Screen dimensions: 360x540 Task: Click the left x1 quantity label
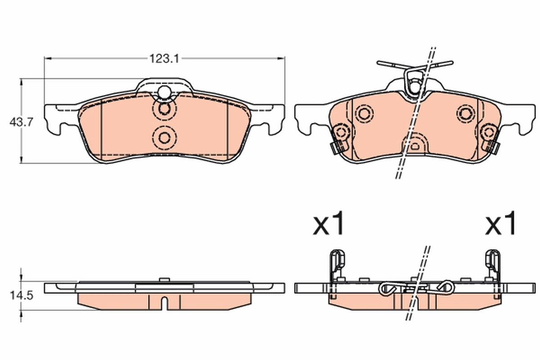(x=329, y=224)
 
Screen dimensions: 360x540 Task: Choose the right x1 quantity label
(x=500, y=224)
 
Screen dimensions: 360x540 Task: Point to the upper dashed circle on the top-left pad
(x=164, y=109)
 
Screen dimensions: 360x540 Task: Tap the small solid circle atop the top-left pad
(x=164, y=92)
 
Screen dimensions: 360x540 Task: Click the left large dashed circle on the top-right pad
(x=364, y=113)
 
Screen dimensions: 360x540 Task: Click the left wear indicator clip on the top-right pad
(x=337, y=139)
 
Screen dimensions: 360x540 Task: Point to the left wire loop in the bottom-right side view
(x=388, y=289)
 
